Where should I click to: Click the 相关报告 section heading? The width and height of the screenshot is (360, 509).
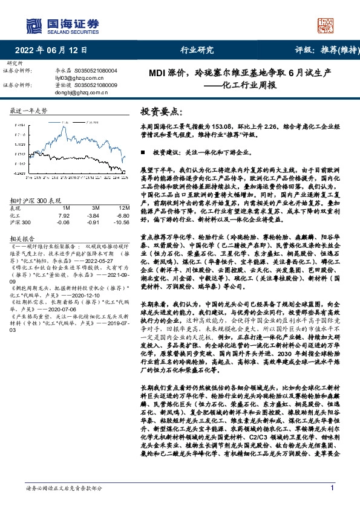24,238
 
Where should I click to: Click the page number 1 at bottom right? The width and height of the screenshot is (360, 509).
332,488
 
